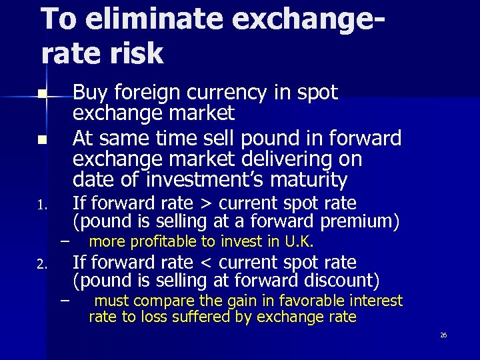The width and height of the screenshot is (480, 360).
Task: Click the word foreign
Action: pos(145,93)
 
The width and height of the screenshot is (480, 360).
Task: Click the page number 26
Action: pos(443,335)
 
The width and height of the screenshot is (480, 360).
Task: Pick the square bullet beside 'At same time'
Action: pos(41,141)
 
